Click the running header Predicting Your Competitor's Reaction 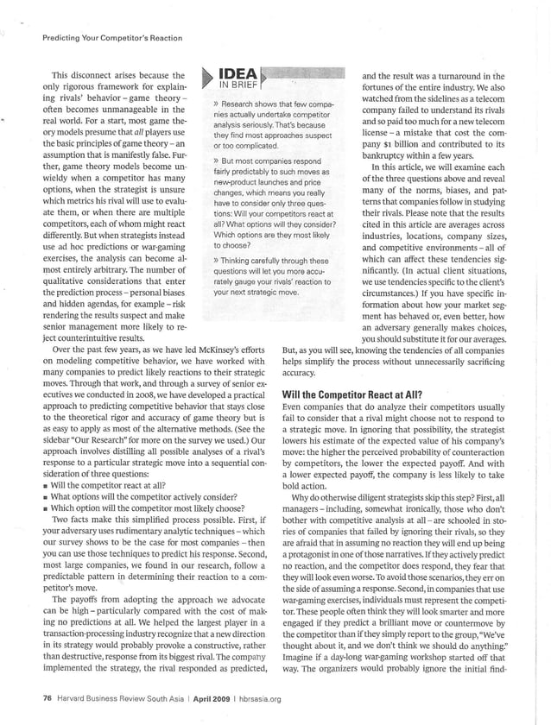tap(101, 37)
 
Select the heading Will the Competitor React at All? tap(351, 394)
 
